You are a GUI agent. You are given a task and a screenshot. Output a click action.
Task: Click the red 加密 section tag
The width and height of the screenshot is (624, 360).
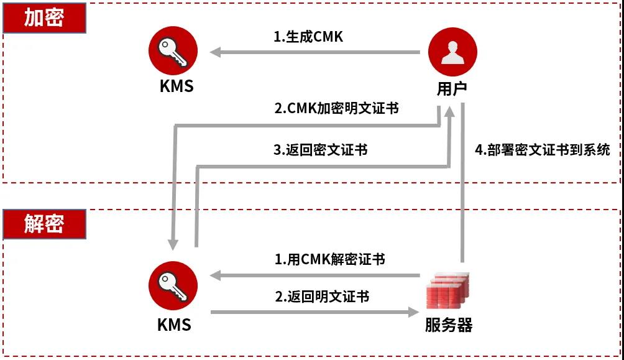tap(44, 18)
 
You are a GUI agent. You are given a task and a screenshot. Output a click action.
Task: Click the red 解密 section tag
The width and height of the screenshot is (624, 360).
tap(44, 224)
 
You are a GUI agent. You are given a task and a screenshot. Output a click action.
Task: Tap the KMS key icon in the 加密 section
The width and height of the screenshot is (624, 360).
tap(173, 52)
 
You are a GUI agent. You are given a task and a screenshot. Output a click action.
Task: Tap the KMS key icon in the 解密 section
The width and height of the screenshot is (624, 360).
tap(173, 285)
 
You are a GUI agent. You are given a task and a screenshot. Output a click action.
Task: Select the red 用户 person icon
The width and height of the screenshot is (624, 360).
tap(453, 52)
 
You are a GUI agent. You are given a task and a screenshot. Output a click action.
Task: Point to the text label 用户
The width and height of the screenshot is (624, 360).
tap(452, 88)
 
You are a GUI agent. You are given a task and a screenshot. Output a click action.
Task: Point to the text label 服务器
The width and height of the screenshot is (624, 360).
tap(449, 325)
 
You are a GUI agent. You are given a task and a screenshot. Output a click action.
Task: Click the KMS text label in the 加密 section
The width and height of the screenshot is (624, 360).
tap(177, 86)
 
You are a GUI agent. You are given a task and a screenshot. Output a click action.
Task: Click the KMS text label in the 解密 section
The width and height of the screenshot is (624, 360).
tap(174, 325)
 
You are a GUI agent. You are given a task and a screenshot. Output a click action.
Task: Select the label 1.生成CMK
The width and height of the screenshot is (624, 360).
tap(308, 37)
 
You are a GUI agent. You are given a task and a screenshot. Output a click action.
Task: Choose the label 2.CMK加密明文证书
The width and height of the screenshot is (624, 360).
tap(336, 108)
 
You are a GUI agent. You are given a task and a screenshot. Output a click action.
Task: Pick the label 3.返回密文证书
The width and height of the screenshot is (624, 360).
tap(320, 150)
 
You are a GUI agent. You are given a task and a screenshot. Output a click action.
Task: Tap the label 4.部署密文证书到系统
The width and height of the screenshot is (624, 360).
tap(543, 150)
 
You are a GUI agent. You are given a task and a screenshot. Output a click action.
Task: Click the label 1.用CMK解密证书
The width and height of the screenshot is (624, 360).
tap(329, 259)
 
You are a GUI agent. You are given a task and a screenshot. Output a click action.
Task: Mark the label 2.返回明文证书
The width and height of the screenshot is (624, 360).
tap(322, 297)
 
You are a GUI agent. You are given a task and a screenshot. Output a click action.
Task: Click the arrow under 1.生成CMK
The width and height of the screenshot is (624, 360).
tap(314, 52)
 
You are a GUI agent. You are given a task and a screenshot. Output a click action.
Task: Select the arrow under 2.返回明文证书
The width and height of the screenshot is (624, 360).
tap(314, 311)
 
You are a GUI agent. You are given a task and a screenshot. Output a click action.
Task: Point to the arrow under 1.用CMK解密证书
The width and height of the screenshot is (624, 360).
tap(314, 275)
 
